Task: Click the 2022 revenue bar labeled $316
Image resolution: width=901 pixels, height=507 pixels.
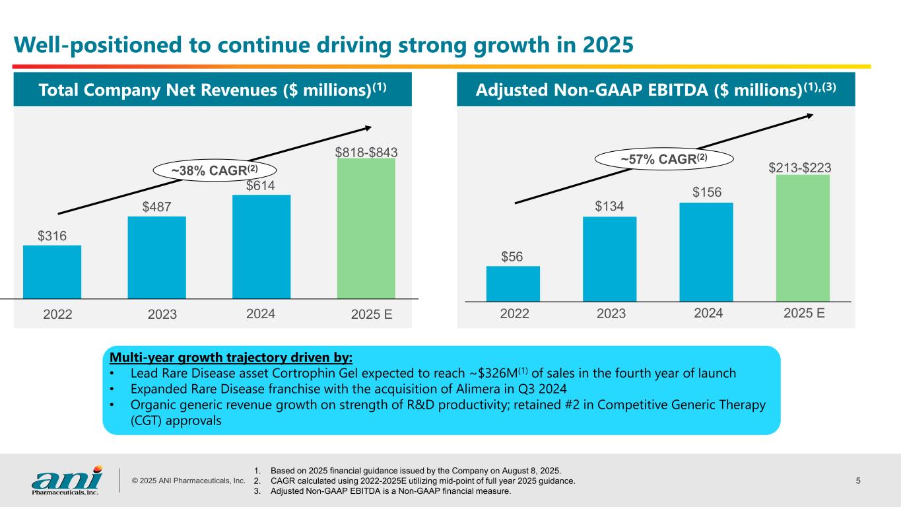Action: (52, 272)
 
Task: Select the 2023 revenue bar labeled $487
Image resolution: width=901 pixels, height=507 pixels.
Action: (156, 257)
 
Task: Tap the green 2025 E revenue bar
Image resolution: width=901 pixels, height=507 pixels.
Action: (366, 228)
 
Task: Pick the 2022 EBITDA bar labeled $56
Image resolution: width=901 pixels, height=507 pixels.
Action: (513, 284)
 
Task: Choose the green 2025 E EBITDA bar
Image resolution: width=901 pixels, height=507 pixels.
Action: (803, 238)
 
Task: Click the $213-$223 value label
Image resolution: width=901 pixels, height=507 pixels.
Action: (799, 169)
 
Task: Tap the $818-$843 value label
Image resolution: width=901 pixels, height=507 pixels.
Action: (366, 152)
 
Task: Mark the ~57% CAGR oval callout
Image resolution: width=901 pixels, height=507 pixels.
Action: (665, 158)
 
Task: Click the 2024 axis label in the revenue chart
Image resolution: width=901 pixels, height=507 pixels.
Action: (260, 314)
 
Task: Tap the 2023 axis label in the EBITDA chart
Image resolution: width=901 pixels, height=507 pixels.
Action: (611, 314)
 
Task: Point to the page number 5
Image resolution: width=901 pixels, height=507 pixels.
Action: (858, 481)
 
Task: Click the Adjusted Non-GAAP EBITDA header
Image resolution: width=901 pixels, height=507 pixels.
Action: (656, 89)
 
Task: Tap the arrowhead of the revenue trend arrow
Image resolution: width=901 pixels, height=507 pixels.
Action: (367, 129)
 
